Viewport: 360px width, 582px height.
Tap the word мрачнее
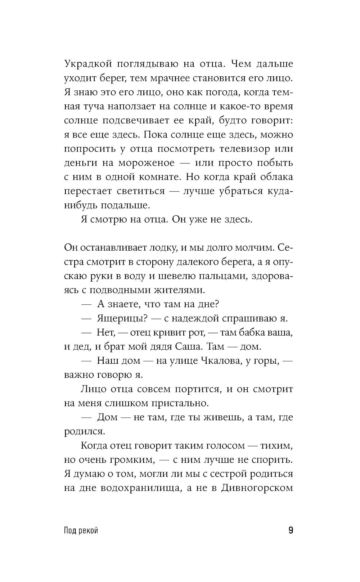(x=175, y=78)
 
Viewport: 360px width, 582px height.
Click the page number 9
(x=291, y=530)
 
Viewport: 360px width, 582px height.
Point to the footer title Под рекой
(x=81, y=531)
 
